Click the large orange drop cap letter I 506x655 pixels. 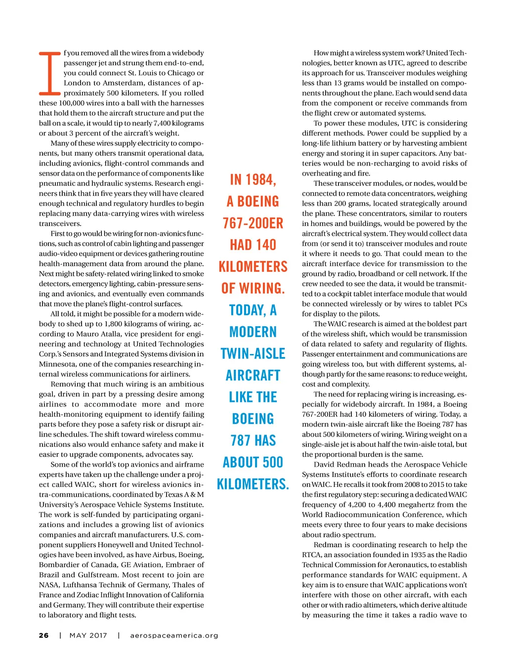click(x=50, y=73)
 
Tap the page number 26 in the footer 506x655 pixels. click(x=44, y=635)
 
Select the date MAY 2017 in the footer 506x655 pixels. click(x=88, y=635)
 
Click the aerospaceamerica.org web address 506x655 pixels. click(x=174, y=635)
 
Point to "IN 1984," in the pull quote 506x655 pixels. click(x=253, y=179)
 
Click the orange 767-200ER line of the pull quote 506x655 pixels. click(x=253, y=223)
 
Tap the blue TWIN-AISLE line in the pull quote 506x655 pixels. click(x=253, y=353)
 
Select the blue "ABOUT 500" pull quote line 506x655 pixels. click(x=253, y=462)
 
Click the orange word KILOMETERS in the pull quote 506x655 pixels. click(x=253, y=266)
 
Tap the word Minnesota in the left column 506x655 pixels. click(x=57, y=364)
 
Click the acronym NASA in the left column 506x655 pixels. click(x=49, y=585)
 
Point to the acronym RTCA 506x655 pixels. click(x=312, y=555)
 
